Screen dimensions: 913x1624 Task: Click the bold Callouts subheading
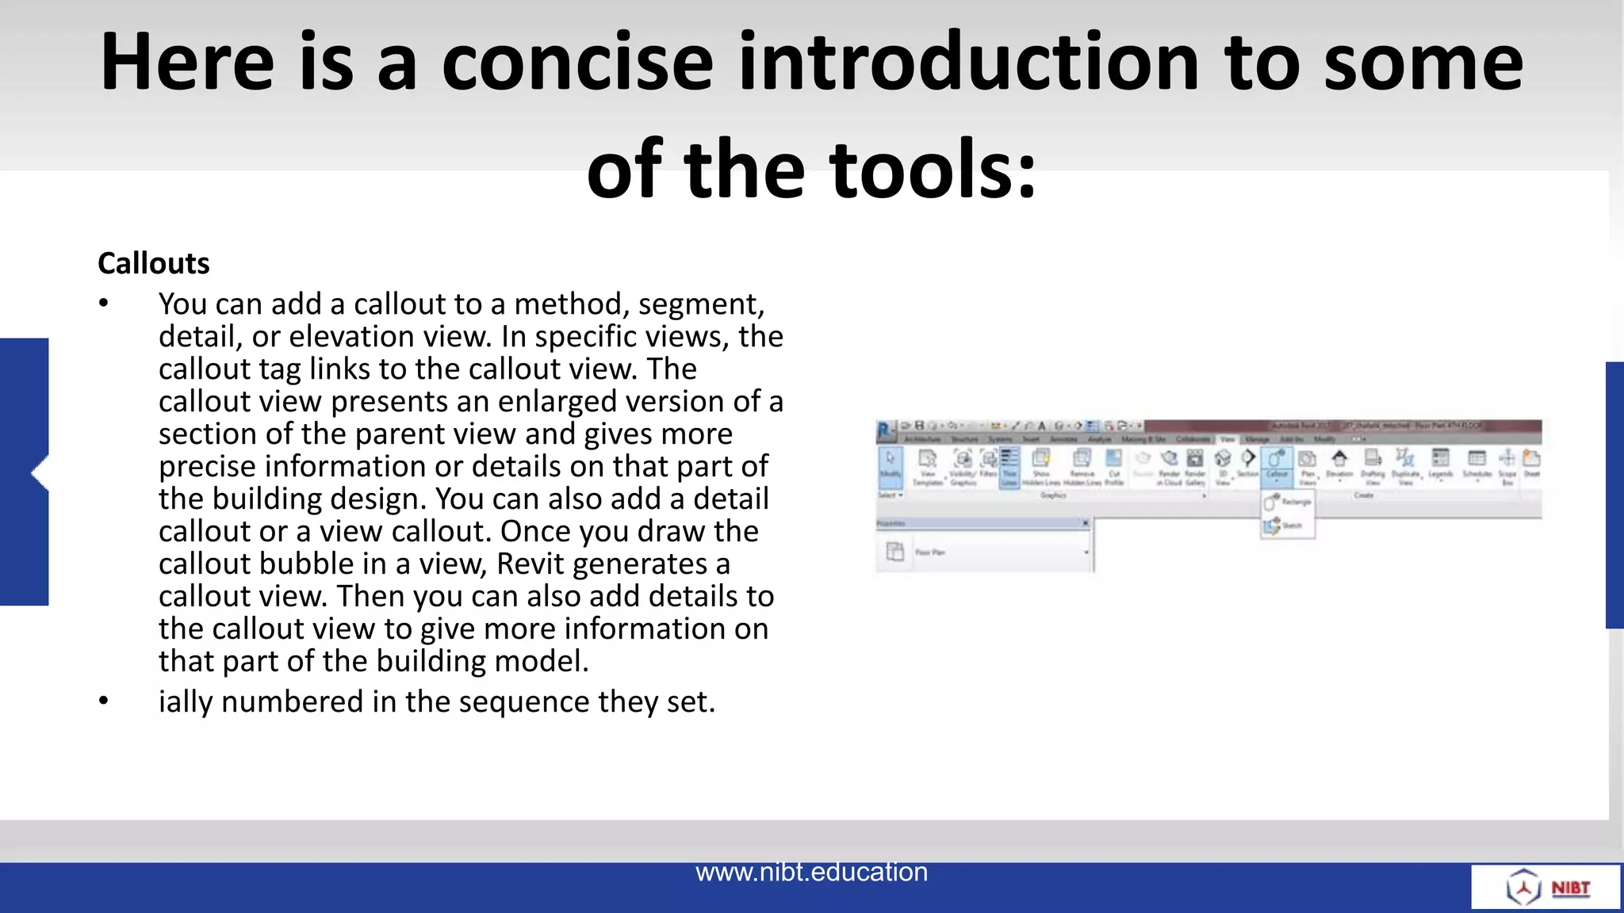pos(153,263)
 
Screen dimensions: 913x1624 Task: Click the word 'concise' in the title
pos(576,63)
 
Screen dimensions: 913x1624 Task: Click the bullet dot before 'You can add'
pos(103,304)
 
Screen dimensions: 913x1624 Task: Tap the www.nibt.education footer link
pos(811,872)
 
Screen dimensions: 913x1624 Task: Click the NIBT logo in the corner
pos(1545,887)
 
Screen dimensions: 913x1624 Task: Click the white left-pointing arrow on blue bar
pos(38,473)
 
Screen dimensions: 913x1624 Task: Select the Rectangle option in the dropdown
pos(1288,502)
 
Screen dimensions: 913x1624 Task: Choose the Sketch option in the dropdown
pos(1286,525)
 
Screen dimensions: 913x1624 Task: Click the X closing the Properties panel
pos(1086,523)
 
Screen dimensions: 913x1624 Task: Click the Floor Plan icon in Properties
pos(895,552)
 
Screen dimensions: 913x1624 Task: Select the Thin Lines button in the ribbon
pos(1009,467)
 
